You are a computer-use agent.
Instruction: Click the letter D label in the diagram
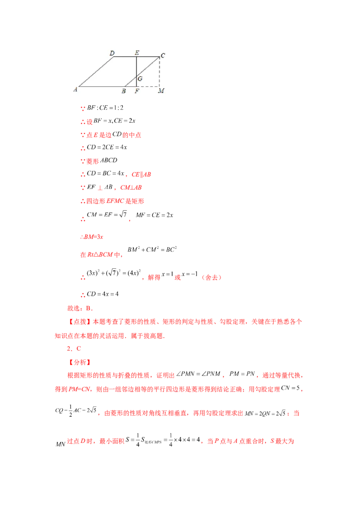[x=112, y=54]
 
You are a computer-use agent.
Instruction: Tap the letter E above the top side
[x=137, y=53]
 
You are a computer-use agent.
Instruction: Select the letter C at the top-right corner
[x=162, y=55]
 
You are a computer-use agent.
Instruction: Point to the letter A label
[x=75, y=90]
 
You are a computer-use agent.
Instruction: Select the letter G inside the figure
[x=140, y=79]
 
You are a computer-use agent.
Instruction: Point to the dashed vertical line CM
[x=159, y=72]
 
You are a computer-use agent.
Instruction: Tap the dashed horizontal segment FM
[x=148, y=86]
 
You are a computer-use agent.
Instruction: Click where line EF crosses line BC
[x=136, y=76]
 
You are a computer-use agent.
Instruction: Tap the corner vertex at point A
[x=80, y=86]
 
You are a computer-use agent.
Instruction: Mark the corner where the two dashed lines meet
[x=159, y=86]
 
